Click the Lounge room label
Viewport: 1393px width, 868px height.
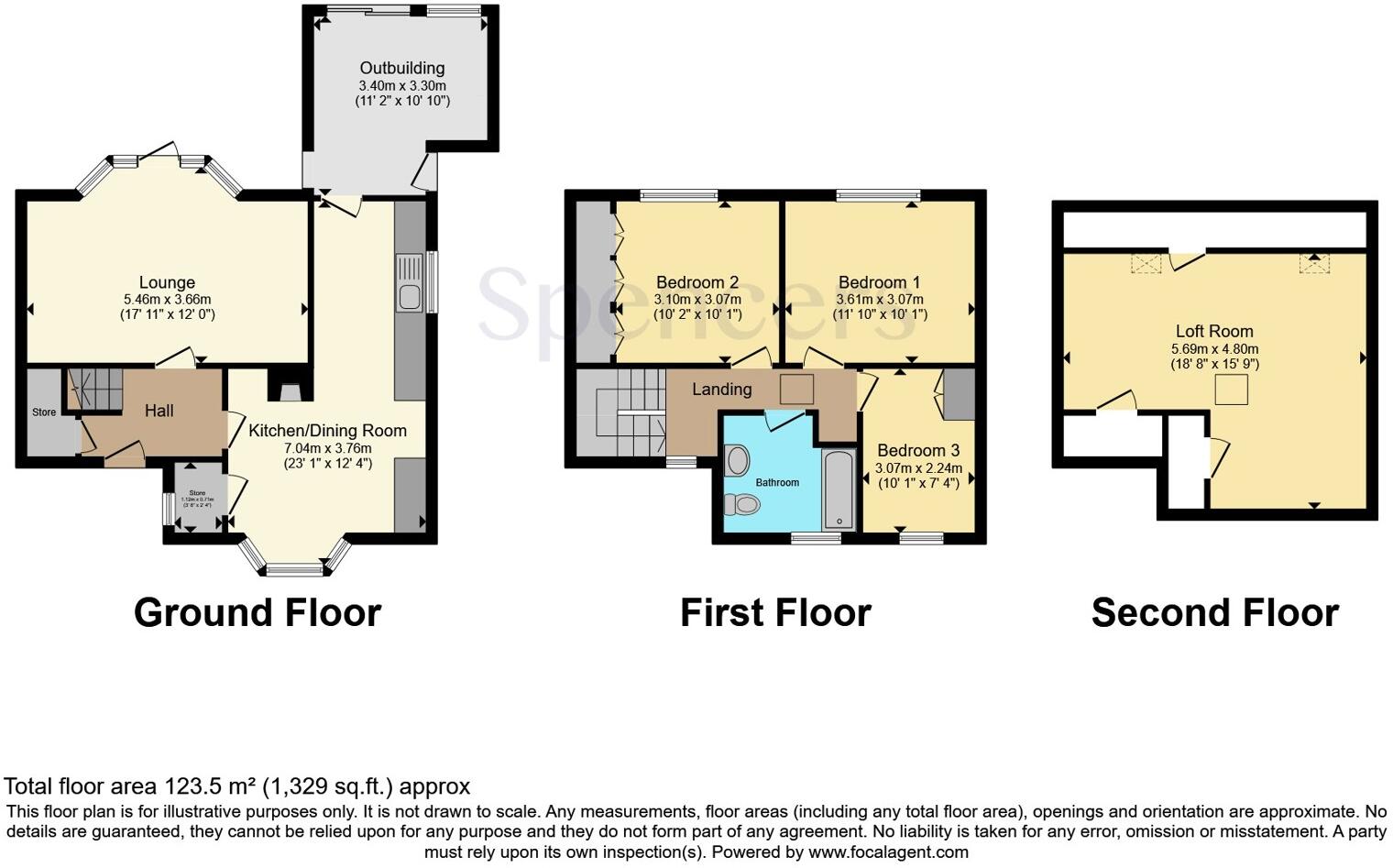point(167,282)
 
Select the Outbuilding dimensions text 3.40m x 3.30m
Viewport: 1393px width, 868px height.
point(402,85)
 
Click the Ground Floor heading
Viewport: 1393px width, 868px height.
point(258,612)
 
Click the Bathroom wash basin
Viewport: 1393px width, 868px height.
point(736,460)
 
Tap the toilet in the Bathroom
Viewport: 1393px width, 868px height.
point(743,504)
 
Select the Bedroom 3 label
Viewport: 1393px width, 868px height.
point(918,450)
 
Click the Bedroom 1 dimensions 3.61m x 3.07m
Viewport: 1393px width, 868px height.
point(880,299)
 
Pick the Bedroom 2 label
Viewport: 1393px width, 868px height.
point(697,282)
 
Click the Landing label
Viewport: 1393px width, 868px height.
point(722,389)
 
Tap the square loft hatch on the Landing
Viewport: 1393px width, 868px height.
point(796,389)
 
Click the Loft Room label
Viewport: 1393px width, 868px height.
point(1214,331)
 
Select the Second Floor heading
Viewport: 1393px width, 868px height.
point(1214,612)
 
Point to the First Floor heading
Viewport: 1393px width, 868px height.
point(775,612)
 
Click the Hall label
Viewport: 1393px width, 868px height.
point(159,411)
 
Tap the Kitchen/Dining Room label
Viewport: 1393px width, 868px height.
point(327,431)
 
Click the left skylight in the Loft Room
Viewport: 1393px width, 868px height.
point(1146,263)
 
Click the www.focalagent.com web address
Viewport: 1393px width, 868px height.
point(888,852)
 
